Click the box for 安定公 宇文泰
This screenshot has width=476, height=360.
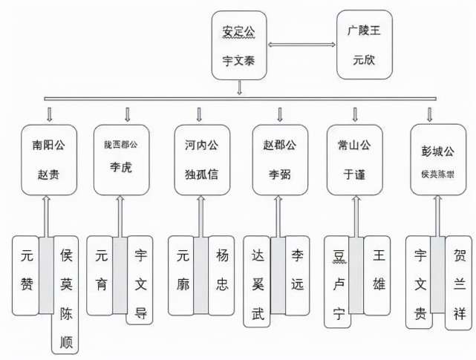coord(238,45)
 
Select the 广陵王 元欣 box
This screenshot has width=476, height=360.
coord(362,45)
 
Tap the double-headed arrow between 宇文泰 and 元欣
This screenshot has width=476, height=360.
coord(301,47)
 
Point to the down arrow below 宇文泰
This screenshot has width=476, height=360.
coord(239,88)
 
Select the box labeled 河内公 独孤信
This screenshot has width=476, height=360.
coord(200,158)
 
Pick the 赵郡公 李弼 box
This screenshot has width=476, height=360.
coord(281,158)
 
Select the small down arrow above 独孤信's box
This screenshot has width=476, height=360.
coord(200,114)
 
